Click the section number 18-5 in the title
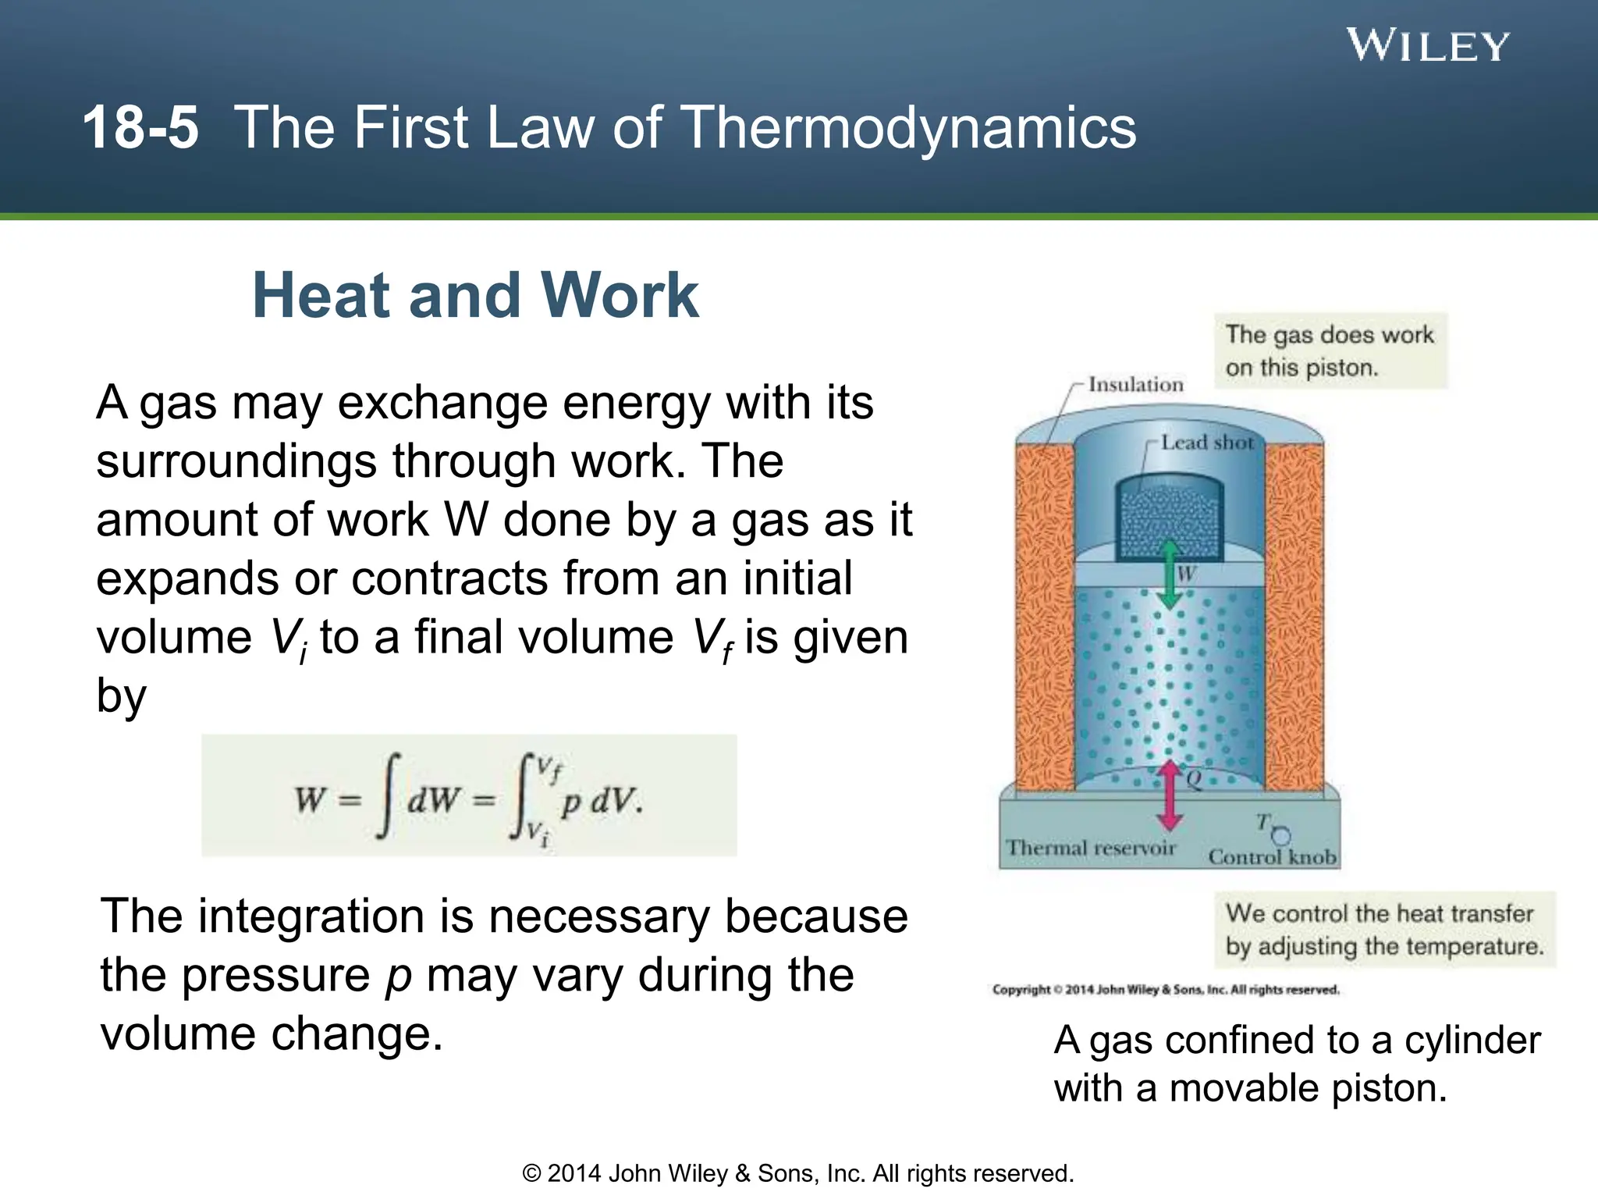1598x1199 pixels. click(140, 128)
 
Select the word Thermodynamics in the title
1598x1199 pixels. click(908, 128)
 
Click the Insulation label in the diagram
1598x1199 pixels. click(1135, 384)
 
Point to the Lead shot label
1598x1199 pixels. click(1206, 443)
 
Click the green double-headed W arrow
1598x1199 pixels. click(1168, 575)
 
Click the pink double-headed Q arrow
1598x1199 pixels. click(1169, 796)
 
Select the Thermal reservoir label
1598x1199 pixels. click(1090, 848)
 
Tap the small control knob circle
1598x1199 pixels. click(1280, 836)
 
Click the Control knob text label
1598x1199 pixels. click(1272, 857)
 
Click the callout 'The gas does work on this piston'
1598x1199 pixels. click(1330, 351)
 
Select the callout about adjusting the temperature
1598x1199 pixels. click(1384, 930)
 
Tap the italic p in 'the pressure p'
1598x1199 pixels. click(399, 976)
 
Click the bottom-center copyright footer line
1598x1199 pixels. click(797, 1173)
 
